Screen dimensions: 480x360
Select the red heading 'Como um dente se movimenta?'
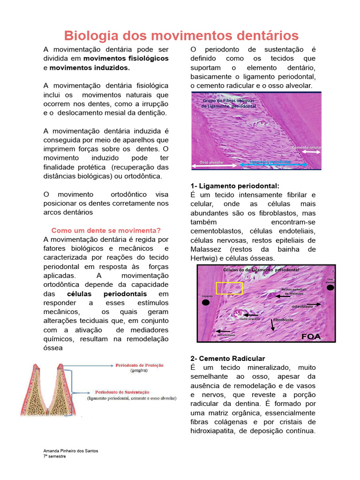106,230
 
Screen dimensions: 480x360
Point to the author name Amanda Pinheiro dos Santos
71,450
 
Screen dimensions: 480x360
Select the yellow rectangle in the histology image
229,288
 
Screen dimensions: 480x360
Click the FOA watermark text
311,336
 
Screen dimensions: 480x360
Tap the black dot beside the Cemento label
206,303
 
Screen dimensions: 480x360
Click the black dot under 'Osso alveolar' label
330,288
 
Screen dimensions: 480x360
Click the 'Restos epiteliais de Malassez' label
294,291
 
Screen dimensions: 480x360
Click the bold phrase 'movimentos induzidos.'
90,67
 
